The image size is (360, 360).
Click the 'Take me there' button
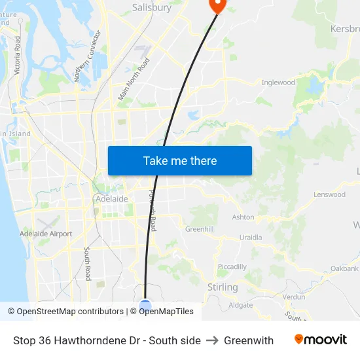point(179,160)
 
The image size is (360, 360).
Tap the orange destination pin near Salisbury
point(217,5)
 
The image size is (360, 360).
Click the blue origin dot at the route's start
point(145,305)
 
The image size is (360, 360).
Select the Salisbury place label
point(152,8)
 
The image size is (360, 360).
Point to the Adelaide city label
point(111,198)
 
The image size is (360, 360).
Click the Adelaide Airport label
point(46,234)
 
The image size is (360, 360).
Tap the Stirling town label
point(222,287)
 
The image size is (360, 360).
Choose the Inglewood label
point(278,82)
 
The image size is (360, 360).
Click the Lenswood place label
point(329,195)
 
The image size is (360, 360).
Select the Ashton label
point(243,217)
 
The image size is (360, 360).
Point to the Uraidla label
point(251,238)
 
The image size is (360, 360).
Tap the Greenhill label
point(199,230)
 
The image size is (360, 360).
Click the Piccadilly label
point(232,267)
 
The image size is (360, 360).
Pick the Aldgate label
point(240,305)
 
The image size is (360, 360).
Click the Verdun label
point(294,297)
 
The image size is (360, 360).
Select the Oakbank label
point(344,269)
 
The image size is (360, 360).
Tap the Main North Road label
point(134,79)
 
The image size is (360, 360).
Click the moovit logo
point(321,340)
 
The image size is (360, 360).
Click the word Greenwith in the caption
point(249,340)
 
